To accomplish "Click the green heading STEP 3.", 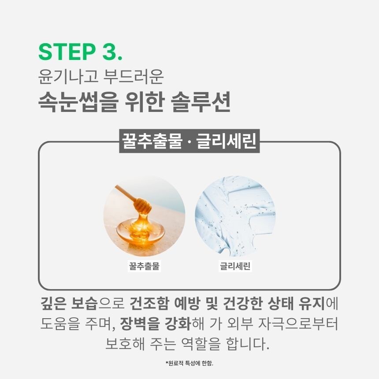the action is click(x=81, y=52).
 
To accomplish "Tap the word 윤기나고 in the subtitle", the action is click(x=68, y=77).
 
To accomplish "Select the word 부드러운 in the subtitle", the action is click(x=134, y=77).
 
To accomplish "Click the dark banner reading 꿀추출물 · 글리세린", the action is click(x=189, y=141).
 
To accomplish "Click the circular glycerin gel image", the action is click(x=235, y=216).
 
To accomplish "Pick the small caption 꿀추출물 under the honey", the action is click(x=144, y=266).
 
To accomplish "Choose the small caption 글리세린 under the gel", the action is click(x=235, y=266).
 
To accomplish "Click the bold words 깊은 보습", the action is click(x=69, y=303).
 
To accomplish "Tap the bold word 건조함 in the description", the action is click(x=149, y=303).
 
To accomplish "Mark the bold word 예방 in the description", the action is click(x=187, y=303).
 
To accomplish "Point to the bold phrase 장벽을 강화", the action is click(x=156, y=323).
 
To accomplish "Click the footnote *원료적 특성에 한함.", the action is click(x=189, y=363).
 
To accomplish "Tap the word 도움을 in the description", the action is click(x=60, y=323).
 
